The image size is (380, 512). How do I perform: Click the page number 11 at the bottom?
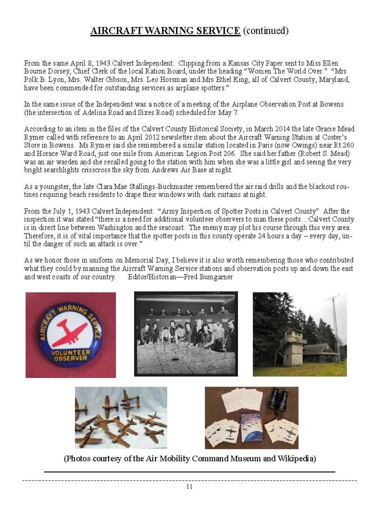pyautogui.click(x=189, y=486)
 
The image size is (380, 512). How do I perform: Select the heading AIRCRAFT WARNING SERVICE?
pyautogui.click(x=165, y=31)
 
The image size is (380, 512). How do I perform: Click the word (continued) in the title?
pyautogui.click(x=265, y=31)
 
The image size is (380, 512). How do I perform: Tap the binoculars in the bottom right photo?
pyautogui.click(x=275, y=399)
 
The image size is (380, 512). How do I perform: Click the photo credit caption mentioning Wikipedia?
pyautogui.click(x=189, y=458)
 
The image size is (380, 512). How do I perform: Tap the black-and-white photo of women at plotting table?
pyautogui.click(x=185, y=333)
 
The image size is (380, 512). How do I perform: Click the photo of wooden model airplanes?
pyautogui.click(x=121, y=417)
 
